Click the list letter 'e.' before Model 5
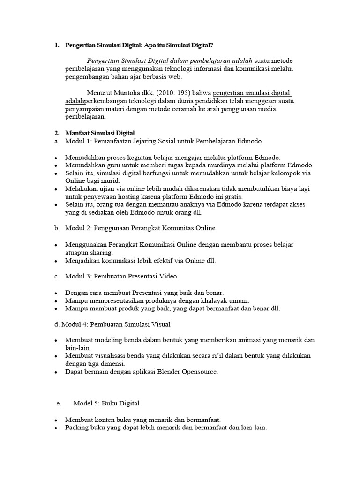pyautogui.click(x=58, y=404)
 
